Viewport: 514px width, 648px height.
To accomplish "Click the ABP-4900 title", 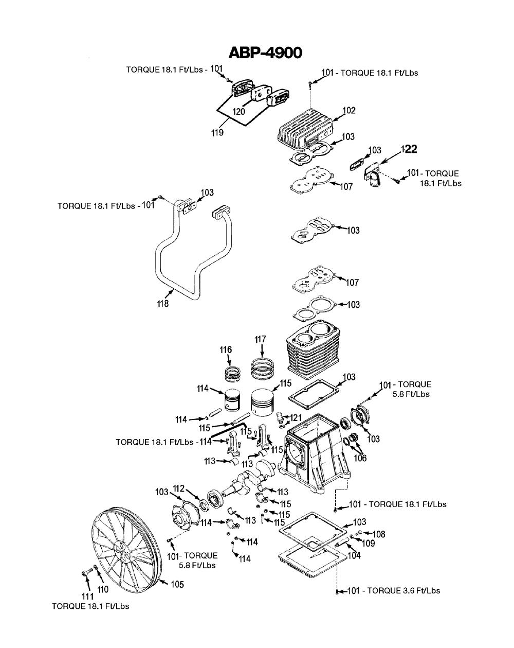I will click(265, 52).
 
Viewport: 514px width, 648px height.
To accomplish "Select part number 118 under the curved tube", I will click(163, 304).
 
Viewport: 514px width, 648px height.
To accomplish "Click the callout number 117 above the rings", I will click(261, 340).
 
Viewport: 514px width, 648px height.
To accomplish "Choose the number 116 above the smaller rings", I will click(226, 350).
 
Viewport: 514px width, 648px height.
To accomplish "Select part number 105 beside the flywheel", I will click(177, 585).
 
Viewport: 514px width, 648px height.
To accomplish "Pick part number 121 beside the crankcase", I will click(295, 416).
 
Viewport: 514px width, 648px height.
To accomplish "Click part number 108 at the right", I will click(378, 534).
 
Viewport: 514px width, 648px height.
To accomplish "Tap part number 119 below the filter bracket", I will click(217, 132).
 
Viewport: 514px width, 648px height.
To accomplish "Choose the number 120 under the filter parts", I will click(237, 111).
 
